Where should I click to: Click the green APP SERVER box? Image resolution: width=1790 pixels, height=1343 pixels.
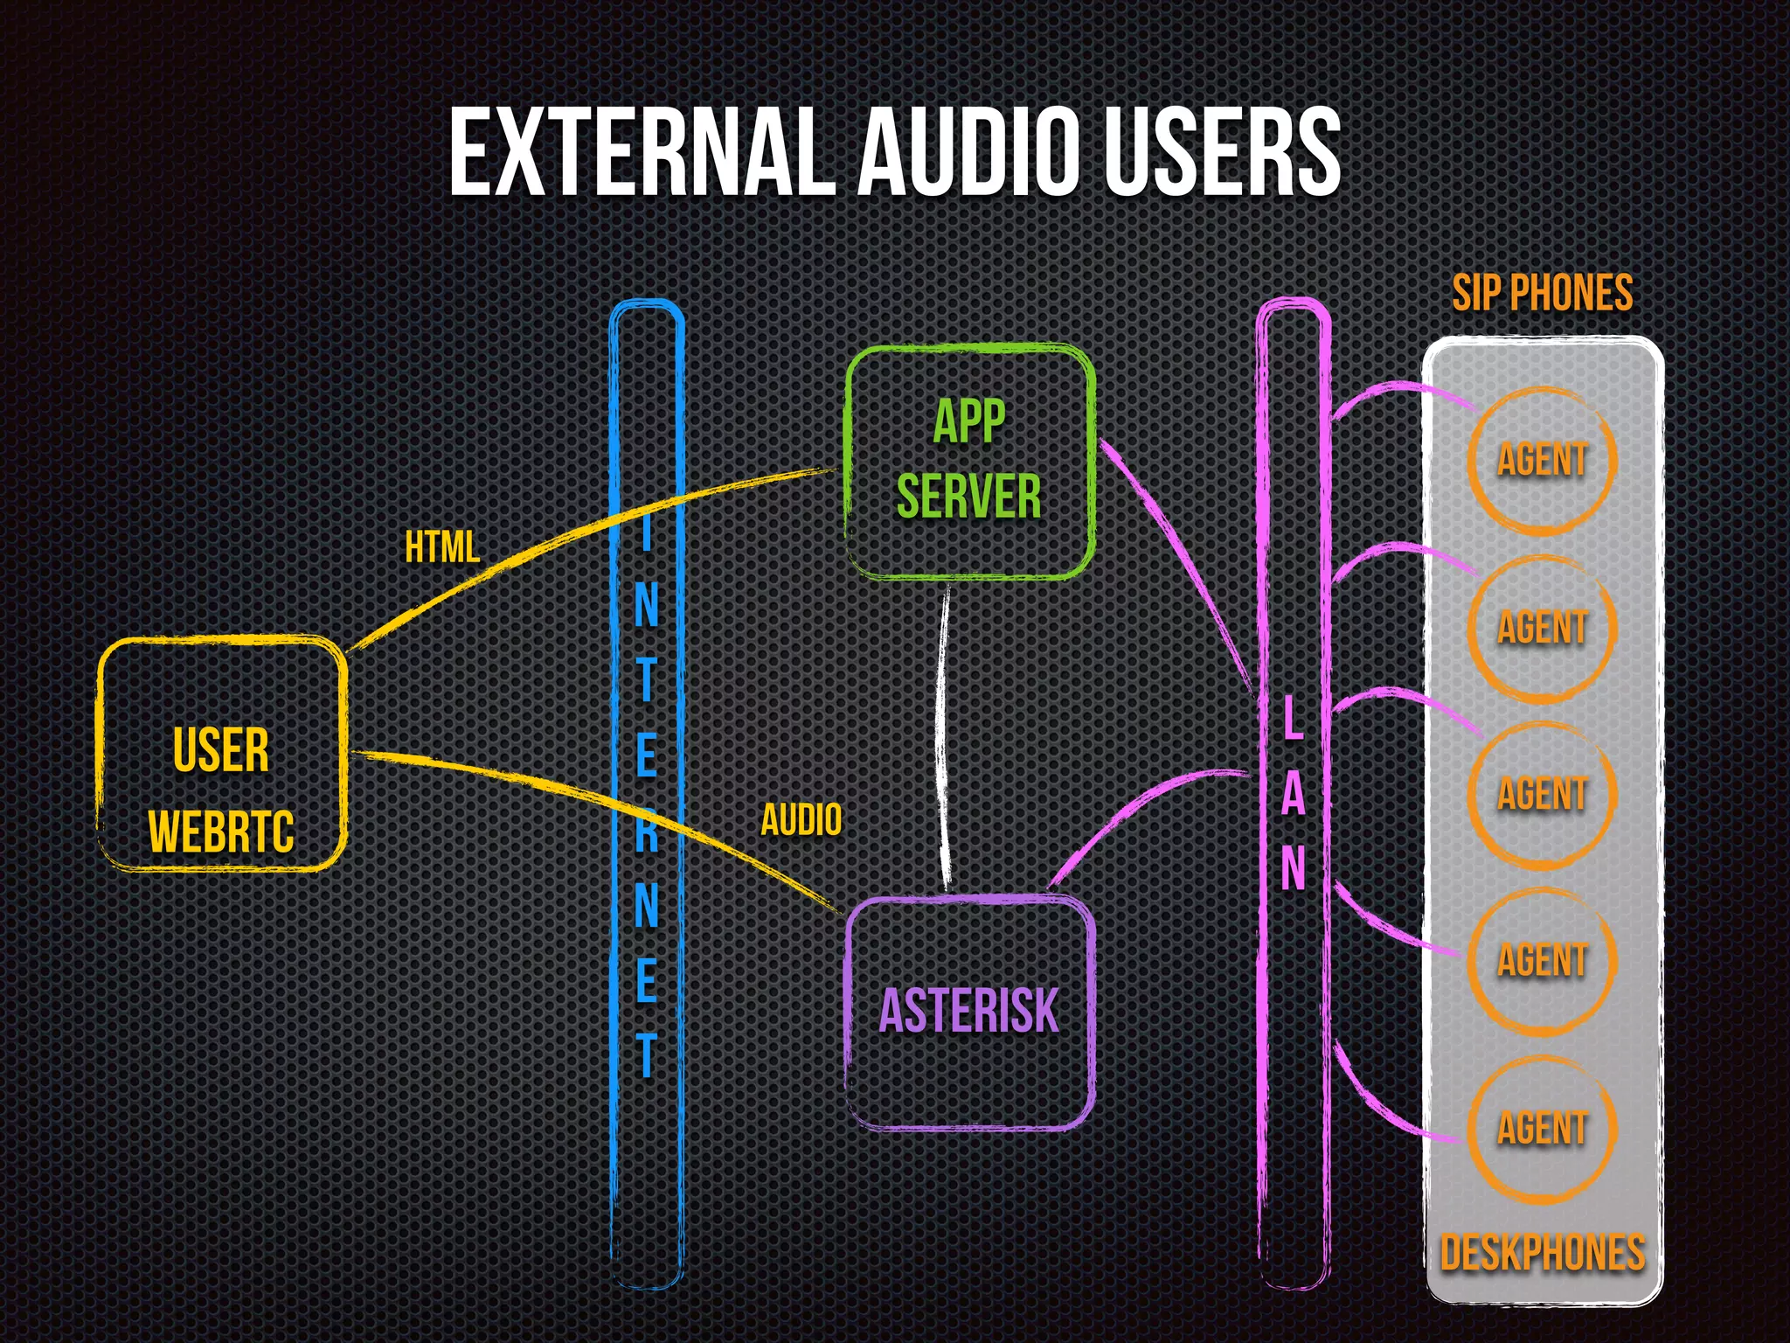(x=969, y=462)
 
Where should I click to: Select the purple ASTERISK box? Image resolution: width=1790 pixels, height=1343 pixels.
(x=969, y=1012)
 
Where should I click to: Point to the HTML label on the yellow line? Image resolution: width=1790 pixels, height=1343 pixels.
(x=442, y=548)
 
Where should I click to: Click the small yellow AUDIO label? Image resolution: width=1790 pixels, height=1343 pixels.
(x=801, y=820)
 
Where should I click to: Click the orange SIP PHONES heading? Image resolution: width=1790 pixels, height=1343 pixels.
(x=1542, y=293)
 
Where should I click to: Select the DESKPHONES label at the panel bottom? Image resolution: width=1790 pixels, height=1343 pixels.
(x=1542, y=1252)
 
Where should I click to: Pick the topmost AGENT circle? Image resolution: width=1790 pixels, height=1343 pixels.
(x=1542, y=460)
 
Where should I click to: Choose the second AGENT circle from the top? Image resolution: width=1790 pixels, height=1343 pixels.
(x=1542, y=628)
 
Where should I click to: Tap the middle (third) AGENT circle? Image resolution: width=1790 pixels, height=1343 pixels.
(x=1542, y=794)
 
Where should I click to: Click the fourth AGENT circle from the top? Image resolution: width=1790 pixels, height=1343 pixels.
(x=1542, y=960)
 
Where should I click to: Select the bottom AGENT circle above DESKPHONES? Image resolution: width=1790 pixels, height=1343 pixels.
(x=1542, y=1128)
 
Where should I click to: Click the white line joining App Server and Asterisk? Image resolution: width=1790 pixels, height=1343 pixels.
(x=941, y=734)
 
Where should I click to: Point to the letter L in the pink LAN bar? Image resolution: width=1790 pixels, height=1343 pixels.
(x=1293, y=719)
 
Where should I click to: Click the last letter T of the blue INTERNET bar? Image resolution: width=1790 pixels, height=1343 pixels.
(x=646, y=1054)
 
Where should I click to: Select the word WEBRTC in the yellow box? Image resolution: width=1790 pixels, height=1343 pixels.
(x=221, y=832)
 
